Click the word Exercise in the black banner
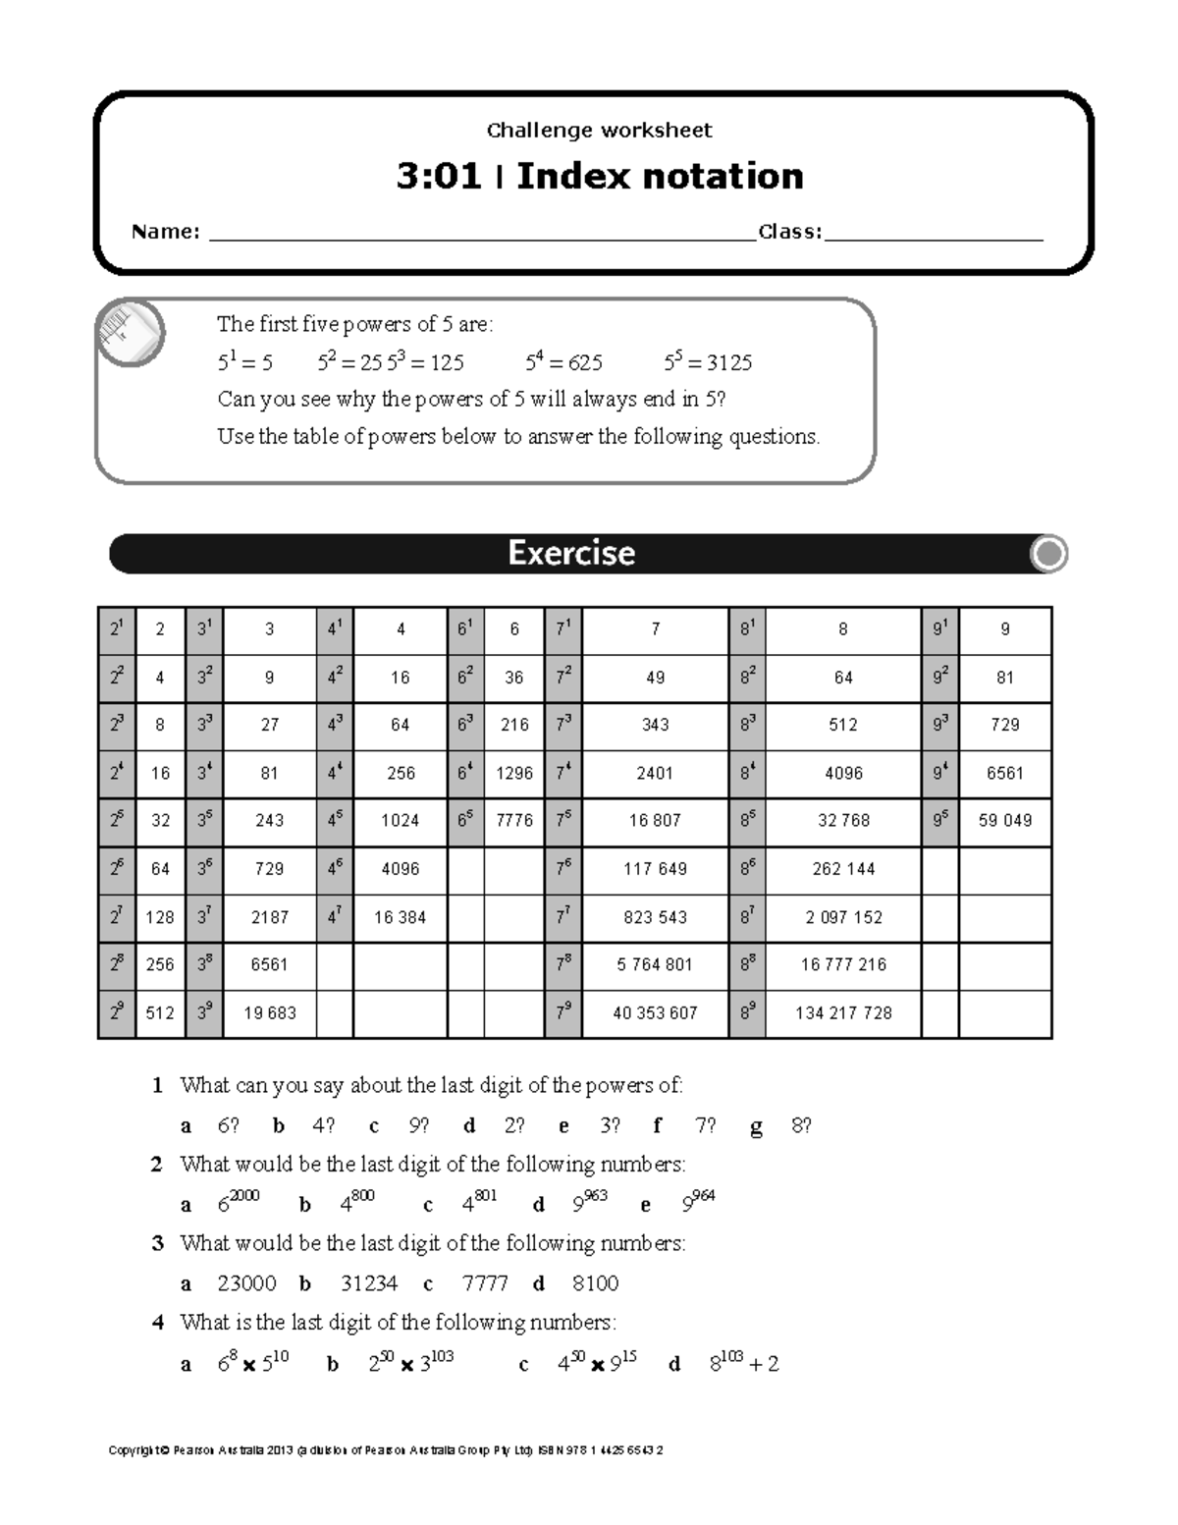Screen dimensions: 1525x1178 [x=571, y=553]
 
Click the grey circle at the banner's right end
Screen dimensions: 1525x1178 [x=1048, y=554]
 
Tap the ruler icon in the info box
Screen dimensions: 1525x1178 [x=131, y=333]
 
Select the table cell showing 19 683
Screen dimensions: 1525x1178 [x=269, y=1013]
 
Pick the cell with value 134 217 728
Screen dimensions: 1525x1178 [x=843, y=1013]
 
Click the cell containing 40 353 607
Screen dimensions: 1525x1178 [x=655, y=1013]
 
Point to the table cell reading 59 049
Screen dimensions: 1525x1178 [x=1005, y=821]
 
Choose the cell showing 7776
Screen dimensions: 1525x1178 [x=514, y=821]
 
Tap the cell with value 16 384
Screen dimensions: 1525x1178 [x=400, y=917]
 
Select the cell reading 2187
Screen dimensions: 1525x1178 [x=269, y=917]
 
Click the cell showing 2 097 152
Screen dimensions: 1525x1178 [x=843, y=917]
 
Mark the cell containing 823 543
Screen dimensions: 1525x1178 [x=655, y=917]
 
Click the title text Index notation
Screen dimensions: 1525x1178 [x=660, y=177]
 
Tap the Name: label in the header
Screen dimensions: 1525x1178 [x=166, y=232]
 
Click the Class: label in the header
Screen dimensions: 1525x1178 [x=789, y=232]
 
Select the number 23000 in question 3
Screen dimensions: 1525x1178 [x=246, y=1283]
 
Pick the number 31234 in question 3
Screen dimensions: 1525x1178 [x=369, y=1283]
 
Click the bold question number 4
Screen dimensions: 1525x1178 [x=157, y=1323]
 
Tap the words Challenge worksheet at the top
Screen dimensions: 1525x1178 [x=599, y=131]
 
